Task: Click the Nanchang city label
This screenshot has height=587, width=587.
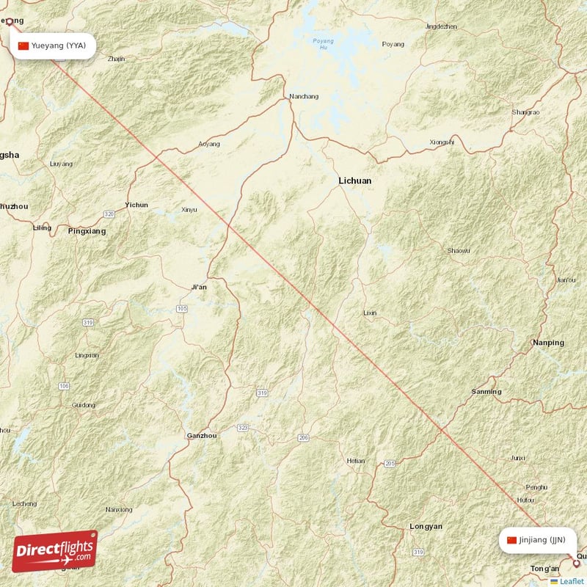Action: [x=304, y=96]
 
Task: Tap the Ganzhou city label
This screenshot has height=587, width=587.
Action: [x=202, y=435]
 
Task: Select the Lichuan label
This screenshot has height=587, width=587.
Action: [x=354, y=181]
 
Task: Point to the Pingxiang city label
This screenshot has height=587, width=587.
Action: [x=87, y=231]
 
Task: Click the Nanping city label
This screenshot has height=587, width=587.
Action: [x=549, y=343]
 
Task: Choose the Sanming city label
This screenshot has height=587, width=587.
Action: [x=486, y=392]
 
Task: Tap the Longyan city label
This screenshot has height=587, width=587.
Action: [x=426, y=527]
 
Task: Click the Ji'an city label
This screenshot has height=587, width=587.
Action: [x=198, y=287]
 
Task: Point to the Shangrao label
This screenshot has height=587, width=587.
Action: [x=525, y=112]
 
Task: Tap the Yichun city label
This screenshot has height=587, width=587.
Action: [x=136, y=205]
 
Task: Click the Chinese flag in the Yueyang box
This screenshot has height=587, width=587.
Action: [x=23, y=45]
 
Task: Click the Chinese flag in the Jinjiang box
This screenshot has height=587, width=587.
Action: [x=511, y=540]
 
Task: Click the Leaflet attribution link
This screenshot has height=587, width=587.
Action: [x=572, y=581]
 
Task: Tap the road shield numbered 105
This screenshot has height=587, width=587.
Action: [x=182, y=309]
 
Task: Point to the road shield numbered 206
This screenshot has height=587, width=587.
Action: [x=304, y=438]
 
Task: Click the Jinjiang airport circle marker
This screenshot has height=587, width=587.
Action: [x=576, y=564]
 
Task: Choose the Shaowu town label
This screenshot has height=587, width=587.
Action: [x=459, y=251]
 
